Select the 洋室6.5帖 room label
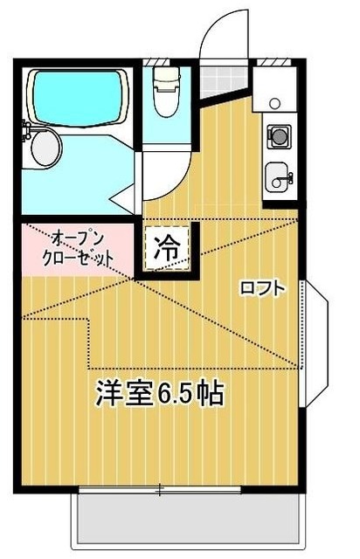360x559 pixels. [160, 394]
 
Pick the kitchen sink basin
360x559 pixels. [280, 176]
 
